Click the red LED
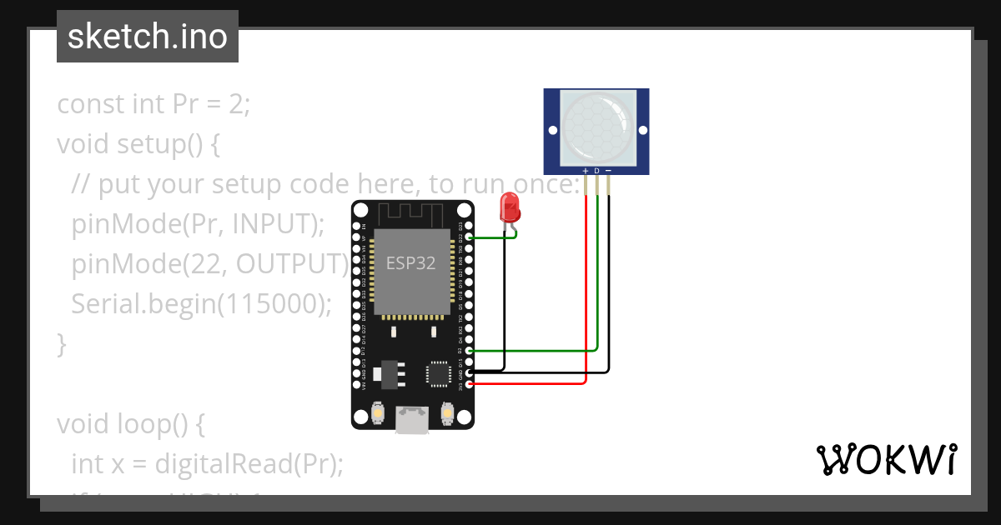point(508,207)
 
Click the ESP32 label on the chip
point(410,263)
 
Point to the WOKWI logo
point(885,460)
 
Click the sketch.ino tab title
point(148,37)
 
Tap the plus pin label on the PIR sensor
point(586,170)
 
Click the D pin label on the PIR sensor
point(596,170)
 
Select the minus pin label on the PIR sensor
point(608,170)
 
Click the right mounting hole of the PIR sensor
point(641,130)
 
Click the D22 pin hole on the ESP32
point(470,237)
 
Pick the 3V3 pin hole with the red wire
point(470,384)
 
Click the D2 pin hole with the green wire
point(470,351)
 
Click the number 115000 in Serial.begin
point(269,303)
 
